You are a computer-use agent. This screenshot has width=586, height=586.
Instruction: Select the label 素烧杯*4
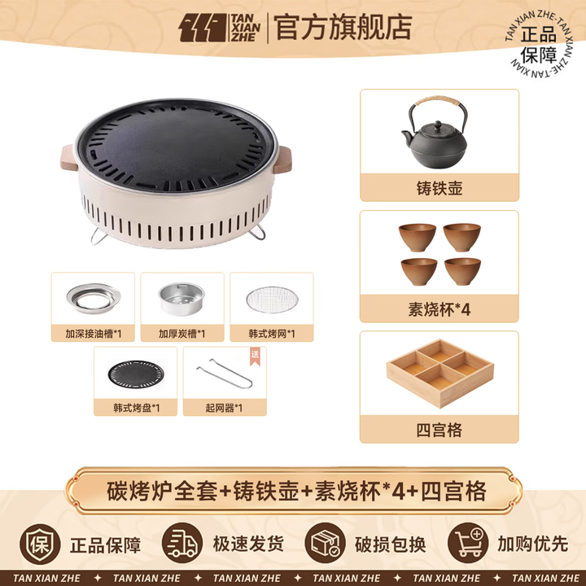click(439, 308)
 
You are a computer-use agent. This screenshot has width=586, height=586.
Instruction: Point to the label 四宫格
click(439, 430)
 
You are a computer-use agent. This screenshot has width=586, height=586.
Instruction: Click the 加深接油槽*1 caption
click(94, 334)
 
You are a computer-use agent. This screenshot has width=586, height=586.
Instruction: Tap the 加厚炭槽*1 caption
click(182, 334)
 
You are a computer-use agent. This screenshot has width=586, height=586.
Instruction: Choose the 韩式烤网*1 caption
click(272, 334)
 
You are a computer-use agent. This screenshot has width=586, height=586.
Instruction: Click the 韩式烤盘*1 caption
click(136, 407)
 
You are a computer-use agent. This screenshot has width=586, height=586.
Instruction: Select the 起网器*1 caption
click(225, 407)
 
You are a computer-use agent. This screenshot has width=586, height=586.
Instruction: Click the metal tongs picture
click(225, 374)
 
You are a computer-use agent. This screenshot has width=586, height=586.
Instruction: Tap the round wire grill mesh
click(272, 299)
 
